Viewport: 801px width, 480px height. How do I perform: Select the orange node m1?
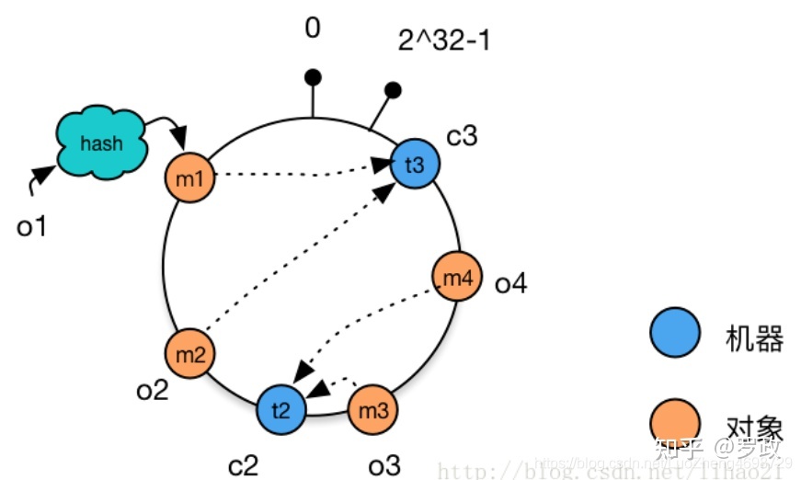pyautogui.click(x=189, y=177)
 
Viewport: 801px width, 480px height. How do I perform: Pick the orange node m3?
pyautogui.click(x=373, y=410)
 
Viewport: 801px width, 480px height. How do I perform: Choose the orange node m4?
pyautogui.click(x=456, y=278)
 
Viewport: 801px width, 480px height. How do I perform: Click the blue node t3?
pyautogui.click(x=415, y=166)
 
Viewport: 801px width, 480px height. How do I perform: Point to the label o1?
pyautogui.click(x=31, y=225)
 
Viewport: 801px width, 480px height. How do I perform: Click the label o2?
pyautogui.click(x=152, y=391)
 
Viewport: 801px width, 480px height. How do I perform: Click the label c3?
pyautogui.click(x=462, y=136)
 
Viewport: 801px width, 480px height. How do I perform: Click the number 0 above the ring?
pyautogui.click(x=313, y=29)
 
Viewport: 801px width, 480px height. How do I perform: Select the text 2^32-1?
pyautogui.click(x=443, y=41)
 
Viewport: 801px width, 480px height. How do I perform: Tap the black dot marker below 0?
pyautogui.click(x=313, y=76)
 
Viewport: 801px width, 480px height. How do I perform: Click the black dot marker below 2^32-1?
pyautogui.click(x=393, y=90)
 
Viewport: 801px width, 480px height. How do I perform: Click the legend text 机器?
pyautogui.click(x=754, y=338)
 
